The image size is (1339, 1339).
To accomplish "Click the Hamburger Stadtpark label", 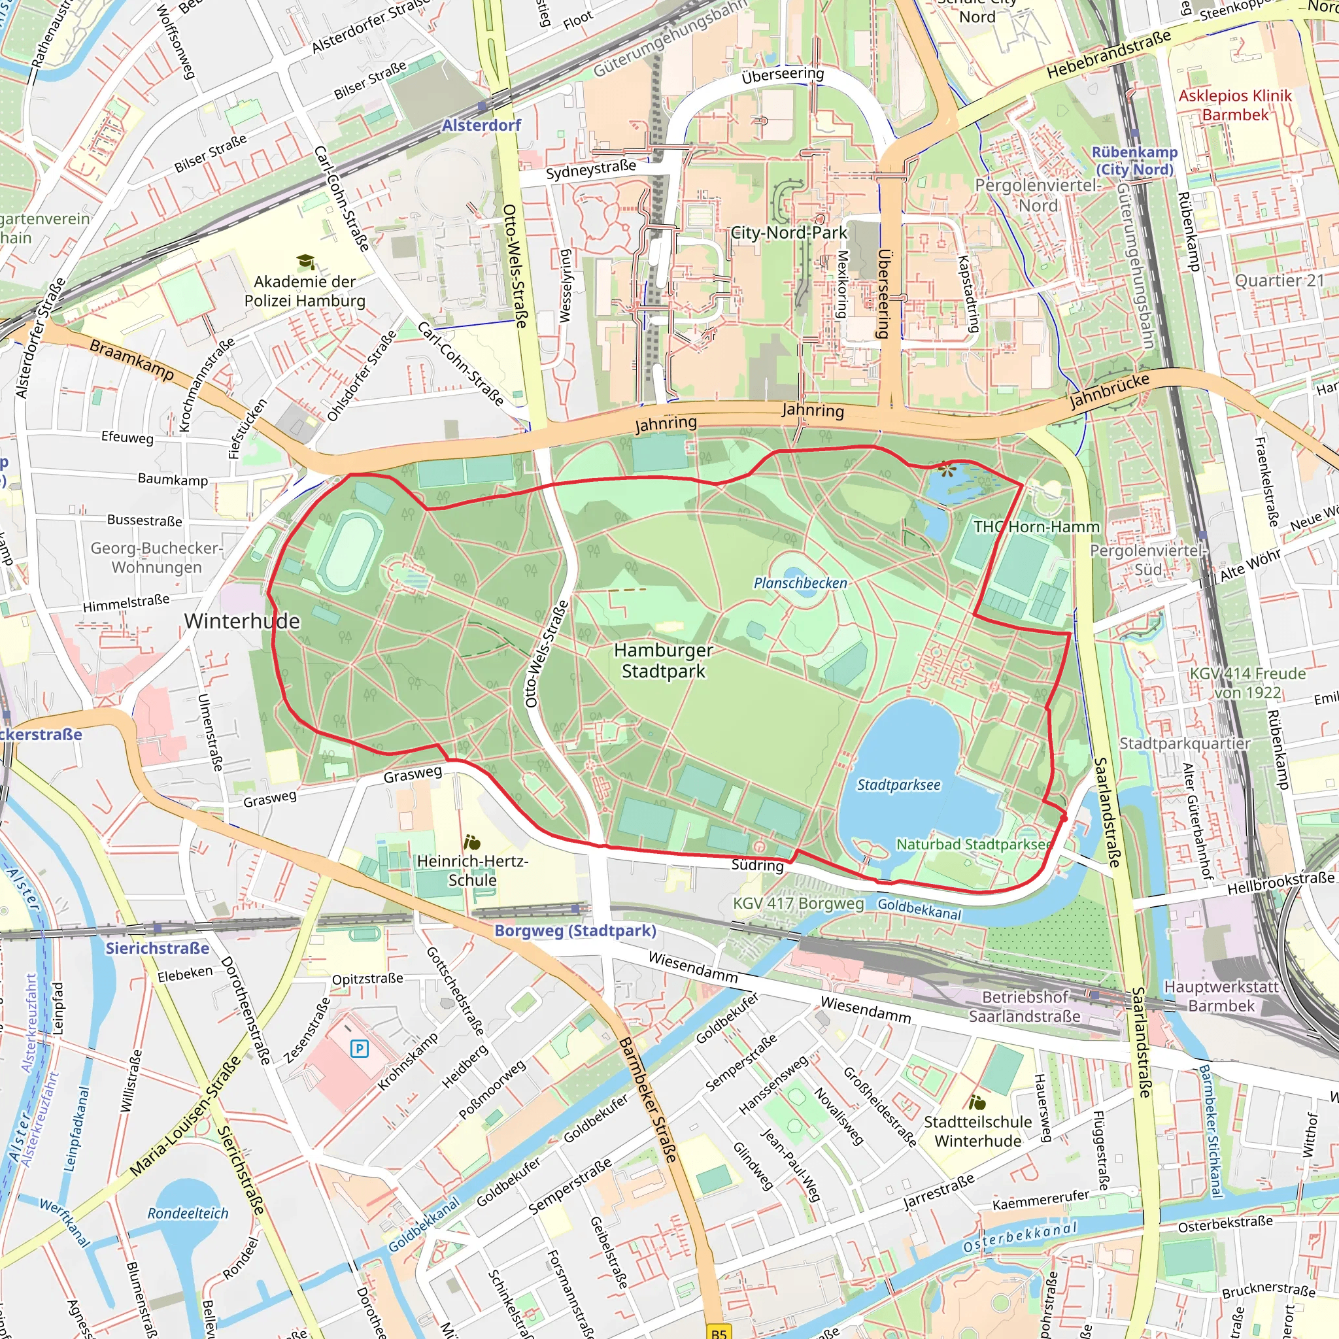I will (x=663, y=660).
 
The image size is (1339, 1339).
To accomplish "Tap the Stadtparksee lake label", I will (x=898, y=785).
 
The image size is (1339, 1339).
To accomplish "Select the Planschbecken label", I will (x=800, y=583).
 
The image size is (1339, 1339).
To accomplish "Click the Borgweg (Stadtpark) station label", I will (x=575, y=930).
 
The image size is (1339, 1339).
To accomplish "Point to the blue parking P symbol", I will (x=359, y=1049).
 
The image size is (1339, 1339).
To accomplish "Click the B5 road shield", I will (x=719, y=1332).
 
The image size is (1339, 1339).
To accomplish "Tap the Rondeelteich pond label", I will (x=188, y=1213).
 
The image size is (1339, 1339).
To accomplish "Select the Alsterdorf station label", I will (x=481, y=126).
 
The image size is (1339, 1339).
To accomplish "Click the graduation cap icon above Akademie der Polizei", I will (x=305, y=262).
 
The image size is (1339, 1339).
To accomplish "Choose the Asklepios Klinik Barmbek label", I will (x=1235, y=105).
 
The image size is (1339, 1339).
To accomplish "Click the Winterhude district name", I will (x=242, y=621).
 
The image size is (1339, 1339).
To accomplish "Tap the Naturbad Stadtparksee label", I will (x=974, y=844).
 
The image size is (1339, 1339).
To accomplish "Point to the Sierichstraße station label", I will (x=158, y=948).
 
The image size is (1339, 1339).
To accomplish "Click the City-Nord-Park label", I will (x=788, y=233).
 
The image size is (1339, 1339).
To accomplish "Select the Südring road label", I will (x=758, y=865).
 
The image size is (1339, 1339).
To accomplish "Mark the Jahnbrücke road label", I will (x=1109, y=390).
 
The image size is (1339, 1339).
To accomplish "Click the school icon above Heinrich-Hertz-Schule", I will (x=472, y=842).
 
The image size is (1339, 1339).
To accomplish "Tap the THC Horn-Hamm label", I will (x=1036, y=527).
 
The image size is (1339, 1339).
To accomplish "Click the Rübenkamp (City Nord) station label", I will (x=1134, y=161).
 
